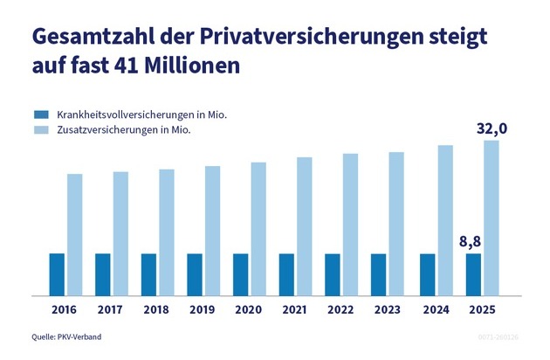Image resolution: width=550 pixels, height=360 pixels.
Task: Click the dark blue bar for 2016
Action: click(x=57, y=274)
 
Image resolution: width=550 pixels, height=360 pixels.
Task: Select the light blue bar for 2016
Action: click(x=75, y=234)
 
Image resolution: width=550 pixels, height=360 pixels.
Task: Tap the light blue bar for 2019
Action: click(x=213, y=230)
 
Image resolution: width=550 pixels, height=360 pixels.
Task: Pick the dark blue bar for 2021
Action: click(x=286, y=274)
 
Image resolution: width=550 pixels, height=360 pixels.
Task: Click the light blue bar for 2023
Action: click(x=397, y=224)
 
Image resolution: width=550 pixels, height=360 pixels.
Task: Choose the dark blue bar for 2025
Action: click(x=472, y=274)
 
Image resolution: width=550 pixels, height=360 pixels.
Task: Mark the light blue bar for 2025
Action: click(x=491, y=218)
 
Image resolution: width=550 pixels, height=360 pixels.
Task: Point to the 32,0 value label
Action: click(x=492, y=128)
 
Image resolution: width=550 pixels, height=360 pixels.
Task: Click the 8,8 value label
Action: click(x=471, y=240)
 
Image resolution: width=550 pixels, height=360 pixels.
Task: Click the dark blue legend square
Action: click(x=39, y=114)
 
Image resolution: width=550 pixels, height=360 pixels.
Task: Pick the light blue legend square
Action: click(x=39, y=129)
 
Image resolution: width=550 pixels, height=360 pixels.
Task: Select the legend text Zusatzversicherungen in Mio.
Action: click(x=123, y=129)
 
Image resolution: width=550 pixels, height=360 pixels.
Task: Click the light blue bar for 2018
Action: click(x=167, y=232)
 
